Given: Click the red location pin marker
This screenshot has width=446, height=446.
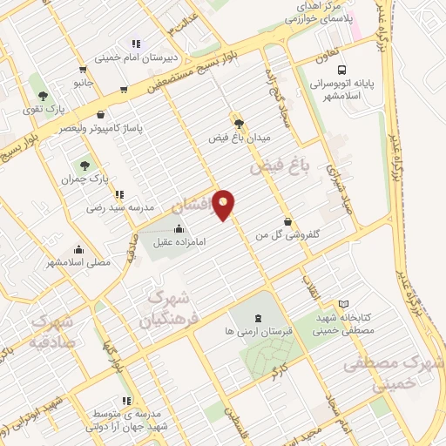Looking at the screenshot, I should [224, 205].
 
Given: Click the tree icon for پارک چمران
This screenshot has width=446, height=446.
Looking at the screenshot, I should [84, 165].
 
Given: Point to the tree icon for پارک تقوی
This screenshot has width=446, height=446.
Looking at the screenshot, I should [43, 94].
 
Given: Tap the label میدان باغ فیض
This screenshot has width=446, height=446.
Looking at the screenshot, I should [240, 138].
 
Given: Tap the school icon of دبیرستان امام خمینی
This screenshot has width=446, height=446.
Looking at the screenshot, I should [135, 44].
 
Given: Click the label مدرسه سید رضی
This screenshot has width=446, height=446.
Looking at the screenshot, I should [120, 208].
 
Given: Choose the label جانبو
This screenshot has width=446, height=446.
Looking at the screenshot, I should [83, 84].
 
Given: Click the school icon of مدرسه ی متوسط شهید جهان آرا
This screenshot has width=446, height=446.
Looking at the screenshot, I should [126, 401].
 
